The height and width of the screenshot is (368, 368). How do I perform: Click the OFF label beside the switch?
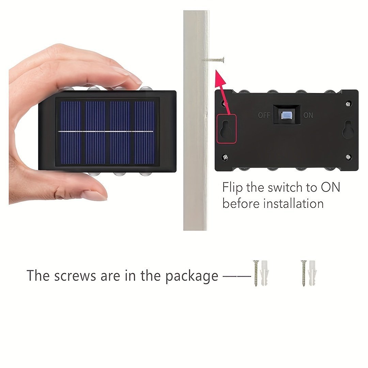coord(264,115)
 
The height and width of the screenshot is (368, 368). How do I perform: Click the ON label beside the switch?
coord(308,115)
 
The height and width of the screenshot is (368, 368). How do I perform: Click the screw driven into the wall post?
coord(214,60)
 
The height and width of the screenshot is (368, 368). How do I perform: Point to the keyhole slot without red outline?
coord(347,129)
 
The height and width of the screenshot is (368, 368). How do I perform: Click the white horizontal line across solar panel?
coord(106,132)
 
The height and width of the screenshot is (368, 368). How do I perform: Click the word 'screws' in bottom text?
coord(75,276)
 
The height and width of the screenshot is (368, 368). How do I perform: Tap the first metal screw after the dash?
coord(256,273)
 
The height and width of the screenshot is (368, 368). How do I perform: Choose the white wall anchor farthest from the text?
coord(312,273)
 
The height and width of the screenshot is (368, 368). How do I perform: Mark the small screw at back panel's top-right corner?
coord(349,104)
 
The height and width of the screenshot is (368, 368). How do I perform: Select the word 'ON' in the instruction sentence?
coord(331,187)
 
